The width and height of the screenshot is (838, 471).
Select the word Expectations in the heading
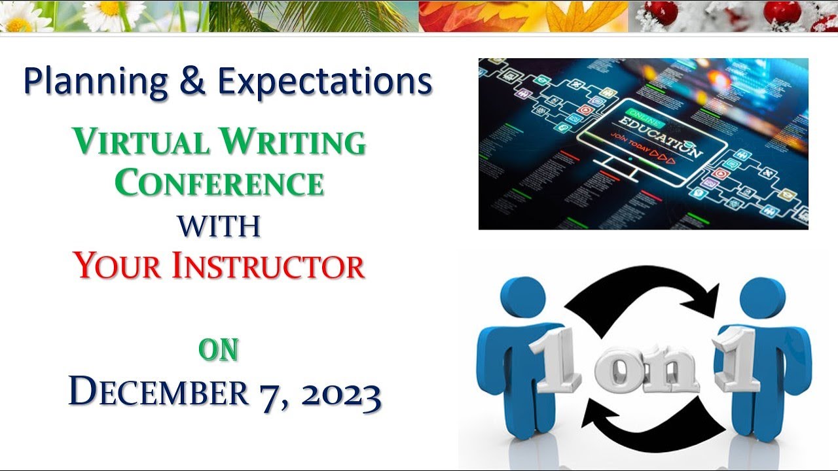[324, 83]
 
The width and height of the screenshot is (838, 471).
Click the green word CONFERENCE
[219, 184]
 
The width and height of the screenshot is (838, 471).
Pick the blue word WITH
[219, 226]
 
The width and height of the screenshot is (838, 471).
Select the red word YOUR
[117, 267]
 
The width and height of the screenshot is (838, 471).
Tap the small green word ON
[219, 351]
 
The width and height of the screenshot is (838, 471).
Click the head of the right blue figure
[762, 298]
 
